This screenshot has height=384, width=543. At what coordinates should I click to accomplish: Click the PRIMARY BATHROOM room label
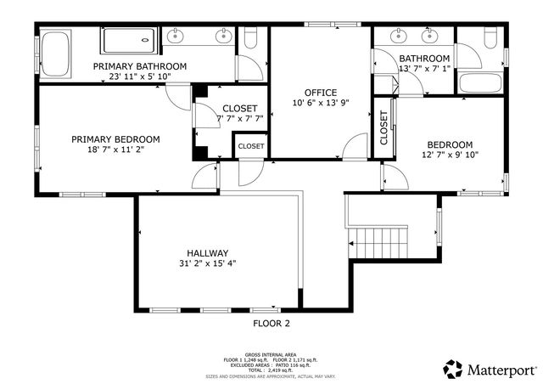[140, 66]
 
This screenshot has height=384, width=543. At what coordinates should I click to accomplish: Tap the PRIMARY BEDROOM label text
[115, 139]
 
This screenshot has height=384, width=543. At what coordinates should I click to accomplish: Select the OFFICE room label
[321, 93]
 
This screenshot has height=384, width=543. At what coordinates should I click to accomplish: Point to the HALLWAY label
[208, 253]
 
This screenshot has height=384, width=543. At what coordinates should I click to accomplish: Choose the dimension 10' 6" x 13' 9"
[321, 103]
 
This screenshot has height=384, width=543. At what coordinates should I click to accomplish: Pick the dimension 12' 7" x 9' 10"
[450, 155]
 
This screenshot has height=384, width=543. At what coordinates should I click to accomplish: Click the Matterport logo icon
[451, 369]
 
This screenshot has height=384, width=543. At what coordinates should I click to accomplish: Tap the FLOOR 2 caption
[271, 324]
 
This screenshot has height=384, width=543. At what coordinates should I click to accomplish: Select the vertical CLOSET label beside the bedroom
[384, 127]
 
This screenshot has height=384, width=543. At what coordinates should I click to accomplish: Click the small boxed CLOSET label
[250, 146]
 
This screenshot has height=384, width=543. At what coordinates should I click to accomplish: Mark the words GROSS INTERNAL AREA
[271, 353]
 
